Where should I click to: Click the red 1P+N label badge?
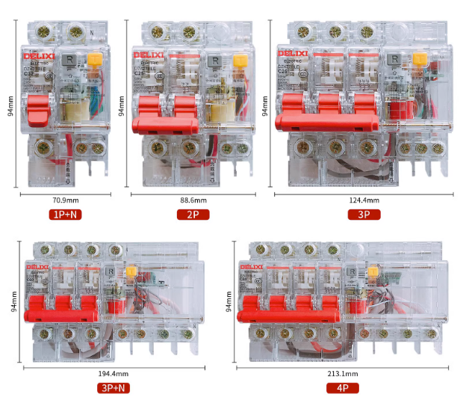[x=66, y=215]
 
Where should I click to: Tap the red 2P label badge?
[x=193, y=215]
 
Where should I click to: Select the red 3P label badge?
[x=364, y=215]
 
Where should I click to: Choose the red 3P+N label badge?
[x=113, y=387]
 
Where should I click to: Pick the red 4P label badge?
[x=342, y=387]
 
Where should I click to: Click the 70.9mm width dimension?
[x=65, y=200]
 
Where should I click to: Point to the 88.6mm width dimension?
[x=193, y=200]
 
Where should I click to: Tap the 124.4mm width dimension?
[x=364, y=200]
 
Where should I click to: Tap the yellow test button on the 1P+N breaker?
[x=96, y=59]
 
